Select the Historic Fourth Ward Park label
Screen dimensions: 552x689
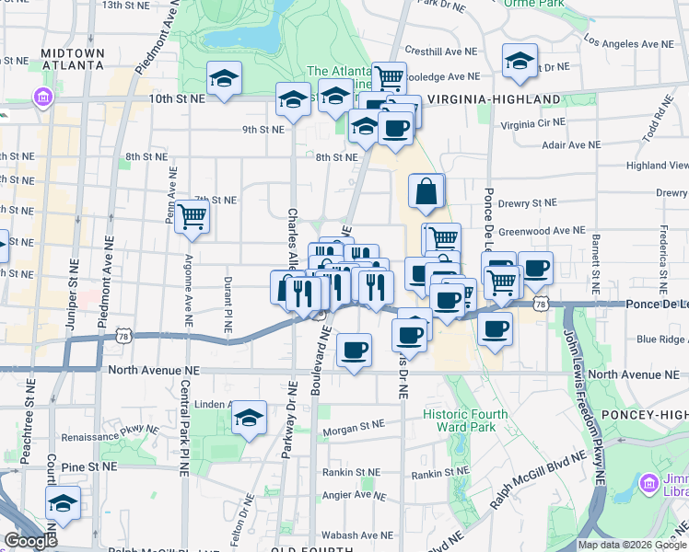pos(465,420)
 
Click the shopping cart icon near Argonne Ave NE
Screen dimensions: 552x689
pos(192,217)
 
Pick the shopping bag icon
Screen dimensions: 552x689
pos(427,192)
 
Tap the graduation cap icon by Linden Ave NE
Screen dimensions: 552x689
pos(249,419)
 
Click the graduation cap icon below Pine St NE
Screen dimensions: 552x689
pos(63,503)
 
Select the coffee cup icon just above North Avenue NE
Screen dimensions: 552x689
pos(354,351)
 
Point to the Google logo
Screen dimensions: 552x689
pos(30,541)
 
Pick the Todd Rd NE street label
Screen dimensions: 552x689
pos(660,120)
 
